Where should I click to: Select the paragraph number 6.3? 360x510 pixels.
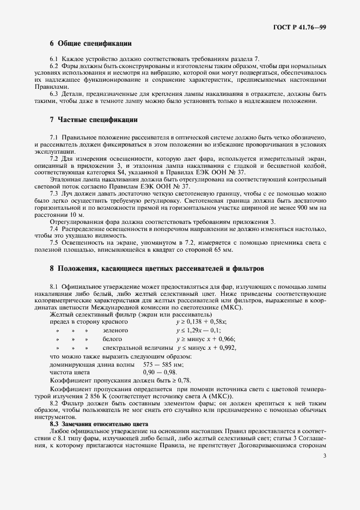(x=54, y=94)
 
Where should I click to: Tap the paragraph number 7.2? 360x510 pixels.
(x=54, y=158)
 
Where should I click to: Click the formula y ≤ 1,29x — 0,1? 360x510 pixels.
(x=198, y=330)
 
